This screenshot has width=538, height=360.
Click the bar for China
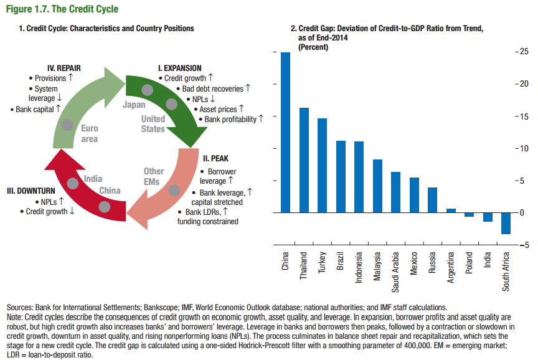(x=285, y=132)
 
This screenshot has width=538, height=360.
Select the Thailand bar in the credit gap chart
(x=304, y=160)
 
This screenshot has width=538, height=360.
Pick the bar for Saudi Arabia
(x=395, y=192)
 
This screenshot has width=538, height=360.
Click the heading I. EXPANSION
(x=179, y=69)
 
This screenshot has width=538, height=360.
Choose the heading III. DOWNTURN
(x=32, y=190)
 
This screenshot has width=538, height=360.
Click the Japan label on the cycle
(x=134, y=105)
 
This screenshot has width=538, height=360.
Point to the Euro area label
(x=89, y=134)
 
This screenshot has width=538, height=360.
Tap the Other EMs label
(x=154, y=176)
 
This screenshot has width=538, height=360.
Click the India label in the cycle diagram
(x=93, y=179)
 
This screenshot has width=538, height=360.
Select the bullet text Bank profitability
(x=230, y=119)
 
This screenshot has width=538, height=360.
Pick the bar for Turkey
(x=322, y=165)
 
